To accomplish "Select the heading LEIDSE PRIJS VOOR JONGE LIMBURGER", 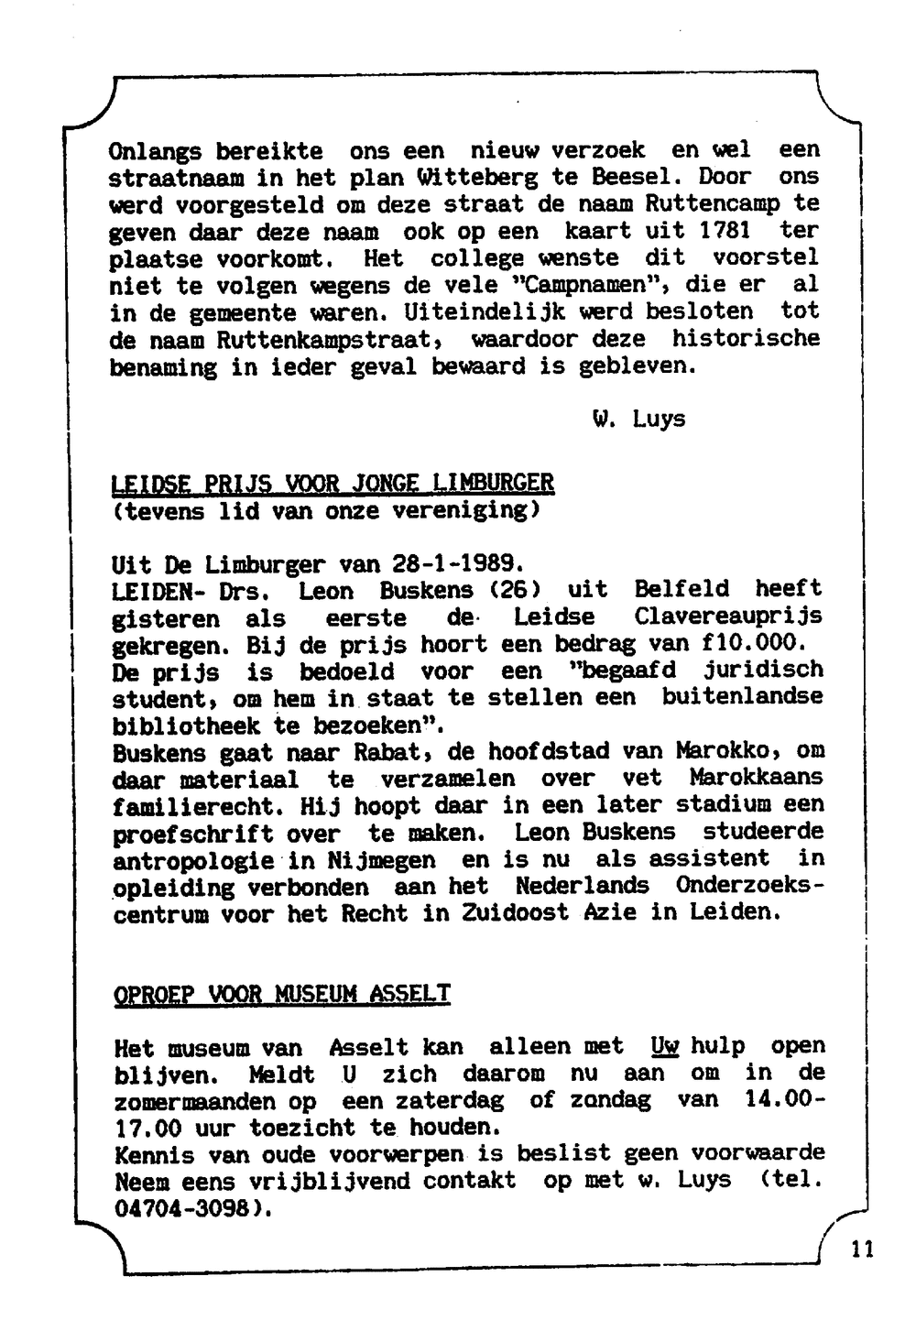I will coord(332,483).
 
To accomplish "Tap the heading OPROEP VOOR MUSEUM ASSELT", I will coord(282,994).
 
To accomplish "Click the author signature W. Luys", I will coord(638,420).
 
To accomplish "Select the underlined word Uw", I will coord(664,1046).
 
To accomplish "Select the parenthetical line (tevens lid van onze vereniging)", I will coord(325,509).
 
